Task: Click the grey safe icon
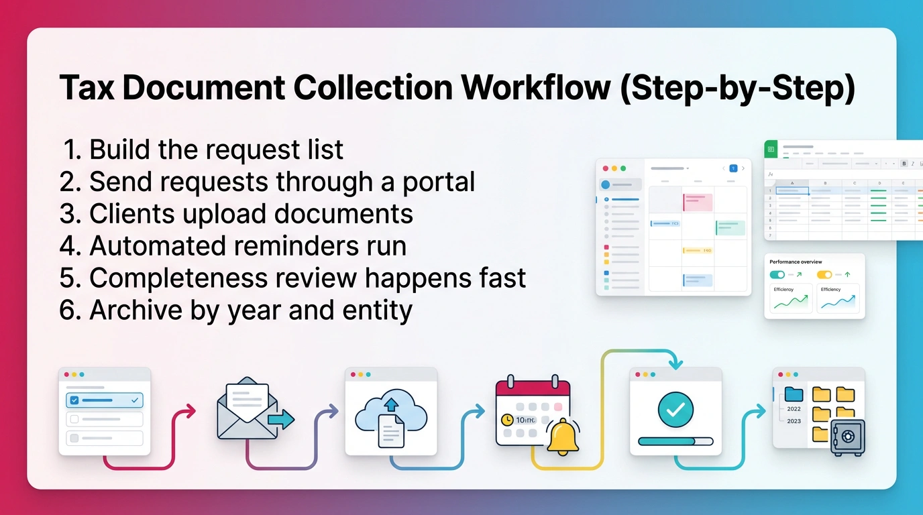click(x=847, y=438)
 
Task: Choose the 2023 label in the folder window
click(x=794, y=421)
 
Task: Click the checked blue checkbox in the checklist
click(x=74, y=400)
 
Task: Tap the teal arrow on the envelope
click(x=281, y=420)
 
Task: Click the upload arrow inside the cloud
click(x=391, y=404)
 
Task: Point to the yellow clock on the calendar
click(x=507, y=420)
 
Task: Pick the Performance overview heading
click(x=796, y=262)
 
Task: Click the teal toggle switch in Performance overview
click(x=777, y=274)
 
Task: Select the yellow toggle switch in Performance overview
click(x=824, y=274)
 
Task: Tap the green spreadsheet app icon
click(x=771, y=150)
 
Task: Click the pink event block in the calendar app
click(x=698, y=201)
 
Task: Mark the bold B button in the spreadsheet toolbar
click(x=904, y=163)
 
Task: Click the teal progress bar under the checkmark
click(x=675, y=441)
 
